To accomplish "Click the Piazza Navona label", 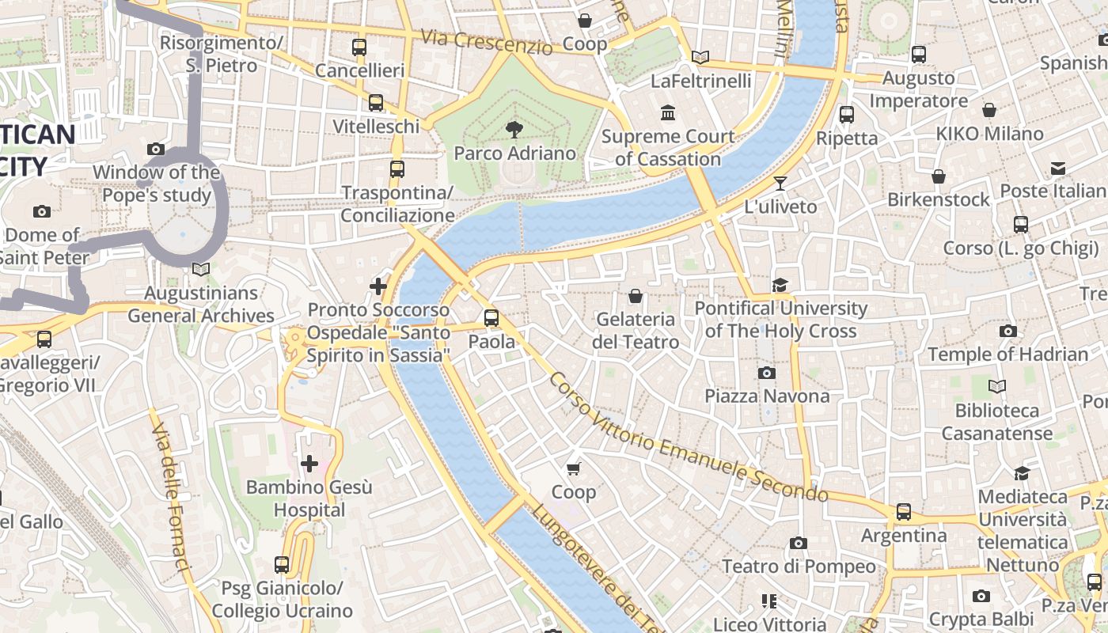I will coord(767,396).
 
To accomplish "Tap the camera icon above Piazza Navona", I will coord(766,373).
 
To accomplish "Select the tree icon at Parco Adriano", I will coord(514,130).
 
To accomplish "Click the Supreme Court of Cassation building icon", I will coord(667,112).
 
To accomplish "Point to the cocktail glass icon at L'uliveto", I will coord(780,184).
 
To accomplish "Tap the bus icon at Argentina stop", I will coord(904,512).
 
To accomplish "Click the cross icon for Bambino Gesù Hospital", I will coord(309,463).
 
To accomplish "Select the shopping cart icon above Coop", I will coord(574,468).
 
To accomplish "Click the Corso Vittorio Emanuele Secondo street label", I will coord(688,438).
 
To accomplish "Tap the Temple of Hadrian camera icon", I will coord(1007,331).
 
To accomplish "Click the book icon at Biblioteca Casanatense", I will coord(997,386).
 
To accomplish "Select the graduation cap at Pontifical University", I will coord(780,285).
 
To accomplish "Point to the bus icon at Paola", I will coord(491,318).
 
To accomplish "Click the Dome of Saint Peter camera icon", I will coord(42,211).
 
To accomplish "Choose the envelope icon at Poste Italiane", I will coord(1058,168).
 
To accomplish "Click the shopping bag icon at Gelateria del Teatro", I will coord(635,296).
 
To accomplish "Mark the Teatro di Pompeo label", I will coord(799,567).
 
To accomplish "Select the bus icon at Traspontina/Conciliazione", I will coord(397,169).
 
